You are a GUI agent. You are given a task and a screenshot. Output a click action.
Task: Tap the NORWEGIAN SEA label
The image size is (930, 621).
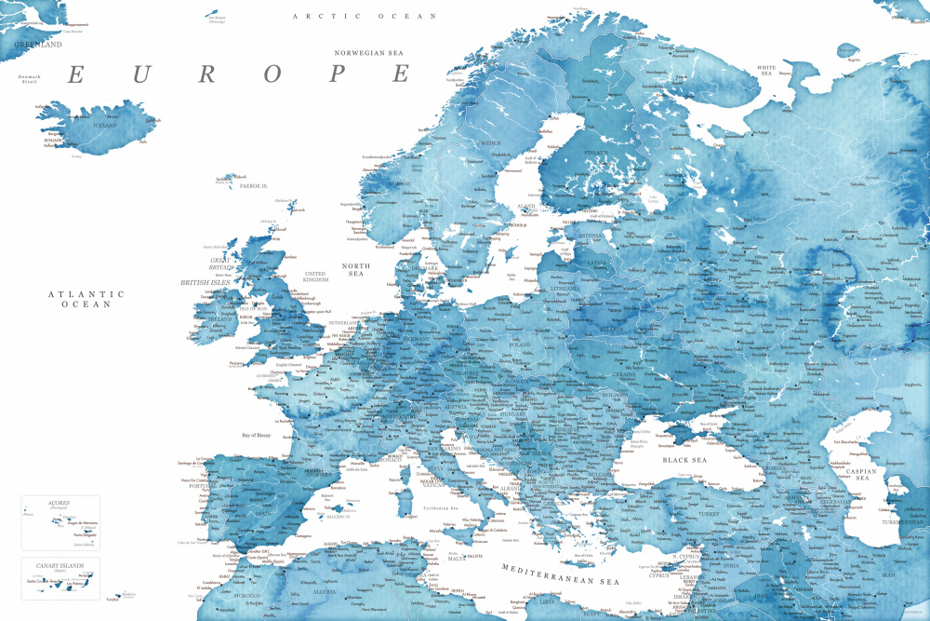(x=372, y=53)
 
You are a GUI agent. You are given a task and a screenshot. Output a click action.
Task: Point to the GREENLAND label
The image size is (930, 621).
(x=36, y=44)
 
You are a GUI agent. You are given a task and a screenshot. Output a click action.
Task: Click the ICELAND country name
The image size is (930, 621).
(x=104, y=125)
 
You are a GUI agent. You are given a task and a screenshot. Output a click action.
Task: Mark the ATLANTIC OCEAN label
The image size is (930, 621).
(x=86, y=299)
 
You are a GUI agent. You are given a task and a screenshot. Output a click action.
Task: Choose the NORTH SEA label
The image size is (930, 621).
(x=355, y=271)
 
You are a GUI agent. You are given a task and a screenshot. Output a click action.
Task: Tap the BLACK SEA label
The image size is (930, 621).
(x=684, y=460)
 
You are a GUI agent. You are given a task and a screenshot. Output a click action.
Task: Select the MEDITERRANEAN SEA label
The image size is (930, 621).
(x=560, y=574)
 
